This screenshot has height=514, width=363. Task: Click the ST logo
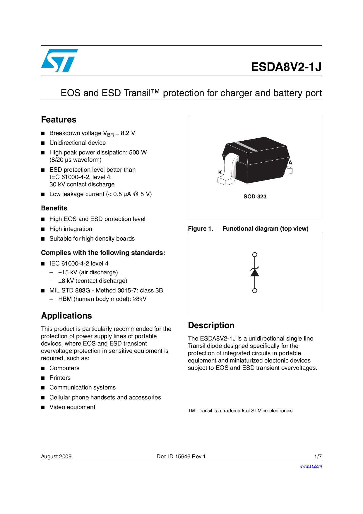tap(59, 61)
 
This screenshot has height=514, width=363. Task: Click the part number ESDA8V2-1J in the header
tap(286, 67)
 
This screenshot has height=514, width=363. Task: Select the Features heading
tap(59, 120)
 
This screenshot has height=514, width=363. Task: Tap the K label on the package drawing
tap(220, 172)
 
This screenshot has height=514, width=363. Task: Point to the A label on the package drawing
tap(290, 163)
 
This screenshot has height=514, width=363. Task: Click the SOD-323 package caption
tap(255, 197)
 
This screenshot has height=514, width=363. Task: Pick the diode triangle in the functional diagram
tap(255, 273)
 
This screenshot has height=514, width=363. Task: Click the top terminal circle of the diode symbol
tap(255, 255)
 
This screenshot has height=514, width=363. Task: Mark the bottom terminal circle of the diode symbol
tap(255, 291)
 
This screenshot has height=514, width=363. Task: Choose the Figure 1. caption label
tap(201, 229)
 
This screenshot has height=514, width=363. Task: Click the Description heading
tap(211, 326)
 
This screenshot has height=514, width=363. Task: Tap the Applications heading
tap(66, 316)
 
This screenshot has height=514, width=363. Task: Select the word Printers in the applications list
tap(60, 378)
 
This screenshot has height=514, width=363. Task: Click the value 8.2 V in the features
tap(128, 133)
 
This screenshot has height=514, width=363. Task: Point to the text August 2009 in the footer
tap(56, 457)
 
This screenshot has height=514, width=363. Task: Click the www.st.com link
tap(310, 467)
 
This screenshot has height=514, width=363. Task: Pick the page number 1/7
tap(318, 457)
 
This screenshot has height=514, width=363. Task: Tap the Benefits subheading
tap(54, 208)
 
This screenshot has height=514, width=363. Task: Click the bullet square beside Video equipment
tap(43, 407)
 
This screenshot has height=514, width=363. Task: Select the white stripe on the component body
tap(246, 147)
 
